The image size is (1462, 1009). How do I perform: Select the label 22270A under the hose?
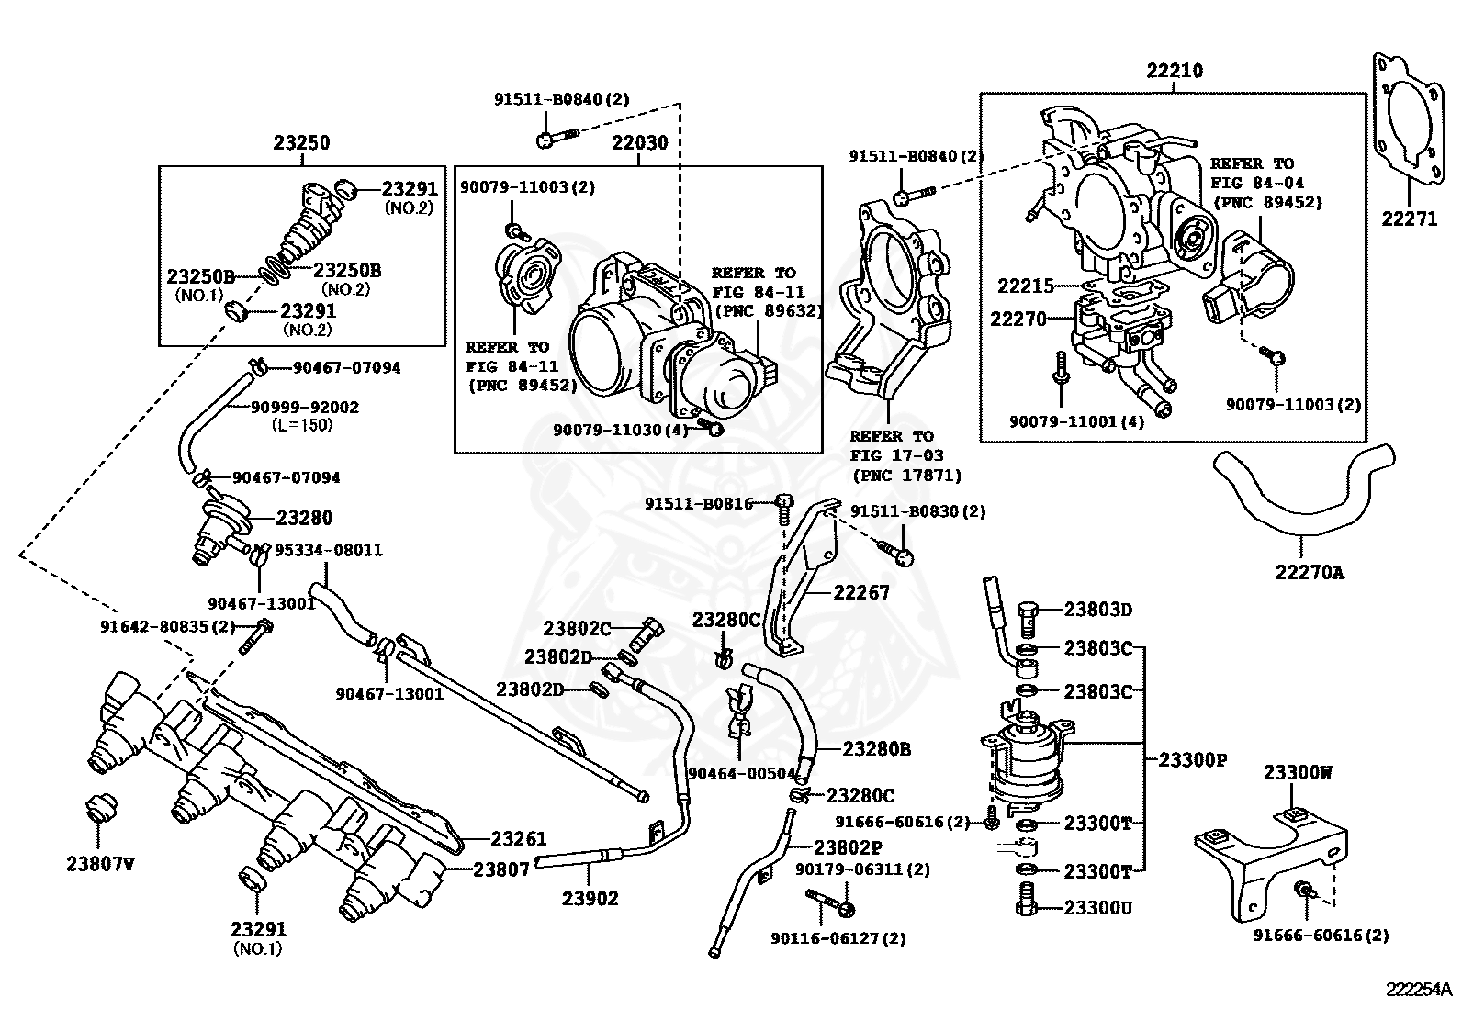pos(1309,572)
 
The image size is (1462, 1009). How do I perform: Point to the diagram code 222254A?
pos(1419,990)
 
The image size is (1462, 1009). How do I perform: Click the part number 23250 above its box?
pos(301,143)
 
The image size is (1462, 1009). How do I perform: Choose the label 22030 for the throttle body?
pos(640,143)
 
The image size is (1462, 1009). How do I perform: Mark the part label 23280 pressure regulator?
pos(304,518)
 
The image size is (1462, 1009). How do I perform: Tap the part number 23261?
pos(518,838)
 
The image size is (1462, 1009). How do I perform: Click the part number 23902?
pos(590,899)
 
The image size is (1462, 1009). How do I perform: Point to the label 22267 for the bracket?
pos(861,593)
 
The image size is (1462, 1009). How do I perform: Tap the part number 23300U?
pos(1098,908)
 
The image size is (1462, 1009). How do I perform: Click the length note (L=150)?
pos(302,425)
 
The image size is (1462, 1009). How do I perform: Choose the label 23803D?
pos(1098,609)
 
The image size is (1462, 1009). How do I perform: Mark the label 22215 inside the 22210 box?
pos(1026,286)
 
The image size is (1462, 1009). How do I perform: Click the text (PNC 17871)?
pos(906,476)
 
